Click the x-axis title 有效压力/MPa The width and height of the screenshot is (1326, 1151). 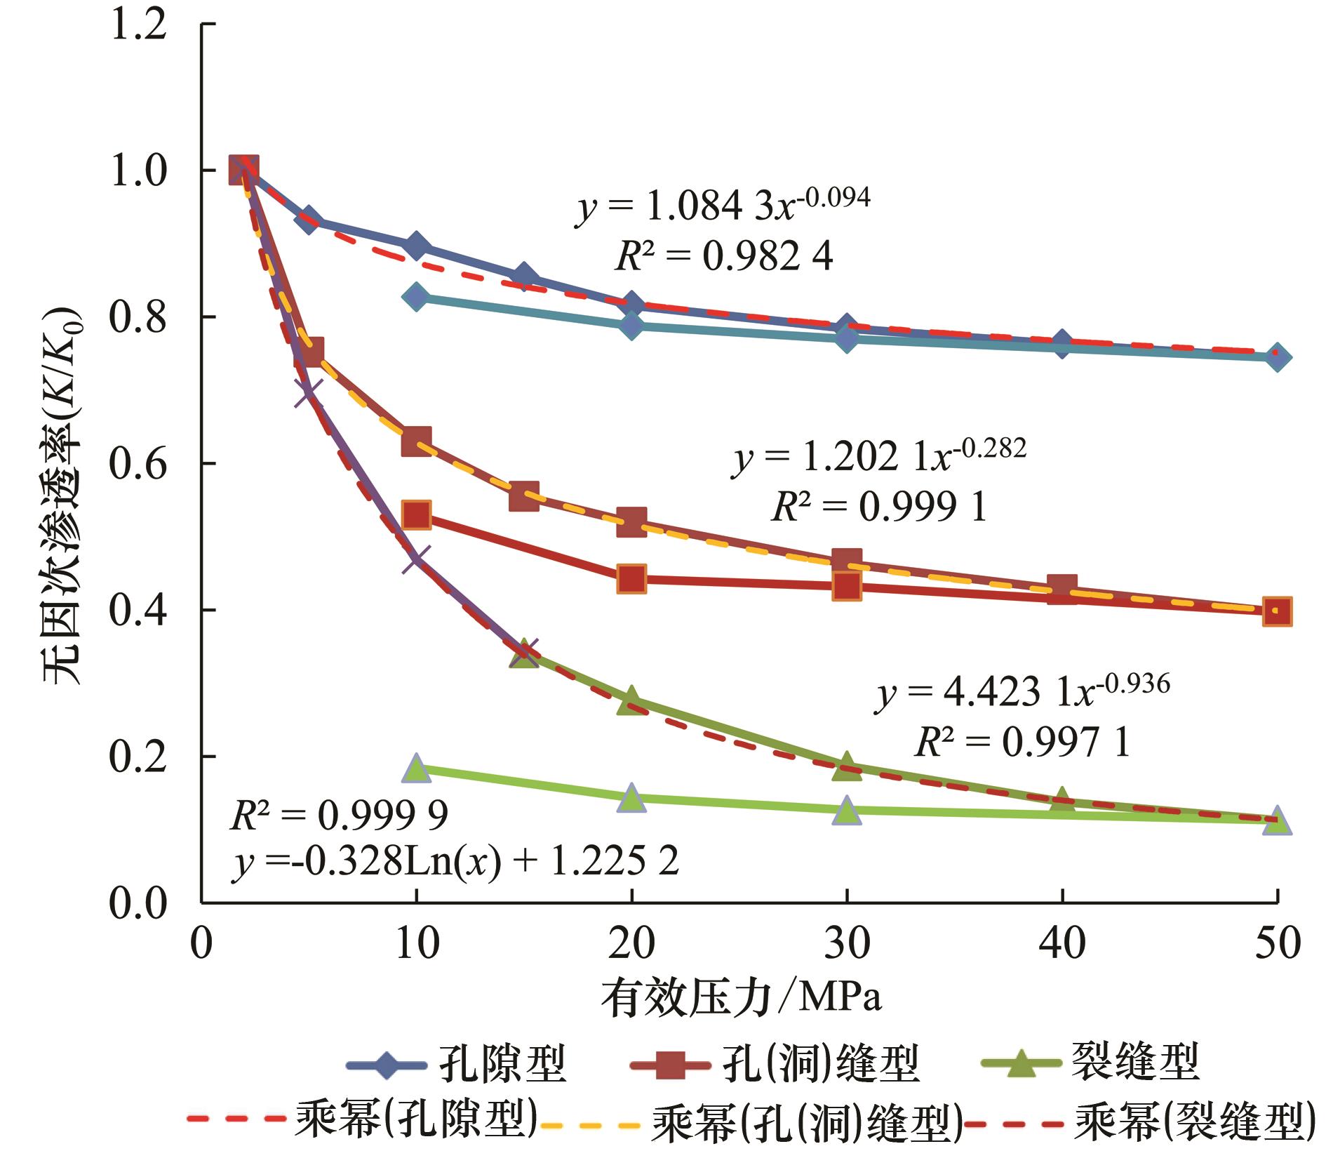741,997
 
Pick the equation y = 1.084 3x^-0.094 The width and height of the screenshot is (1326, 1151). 723,205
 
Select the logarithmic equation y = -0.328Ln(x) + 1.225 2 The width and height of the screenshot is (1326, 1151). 455,861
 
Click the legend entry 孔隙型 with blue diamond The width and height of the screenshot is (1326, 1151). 456,1065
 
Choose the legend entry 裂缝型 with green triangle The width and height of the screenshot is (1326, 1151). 1087,1063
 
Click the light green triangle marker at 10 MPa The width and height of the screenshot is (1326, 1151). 416,769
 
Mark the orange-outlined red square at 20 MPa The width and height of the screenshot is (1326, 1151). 631,579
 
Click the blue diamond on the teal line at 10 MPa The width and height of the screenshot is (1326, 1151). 416,297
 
